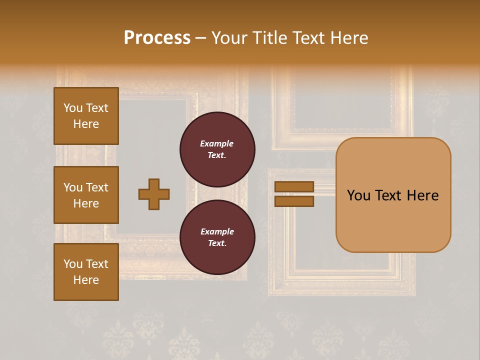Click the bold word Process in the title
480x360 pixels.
tap(157, 38)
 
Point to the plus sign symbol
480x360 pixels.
tap(154, 194)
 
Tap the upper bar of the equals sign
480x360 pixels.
tap(294, 186)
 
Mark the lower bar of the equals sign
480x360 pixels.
tap(294, 201)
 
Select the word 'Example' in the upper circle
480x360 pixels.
tap(216, 143)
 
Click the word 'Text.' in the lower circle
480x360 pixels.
tap(217, 243)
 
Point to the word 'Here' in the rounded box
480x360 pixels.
tap(422, 195)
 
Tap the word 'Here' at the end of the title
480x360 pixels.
tap(349, 38)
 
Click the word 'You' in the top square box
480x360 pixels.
tap(73, 108)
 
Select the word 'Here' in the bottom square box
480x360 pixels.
tap(86, 280)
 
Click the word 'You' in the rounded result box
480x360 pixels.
tap(359, 195)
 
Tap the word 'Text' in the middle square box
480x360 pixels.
tap(96, 187)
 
